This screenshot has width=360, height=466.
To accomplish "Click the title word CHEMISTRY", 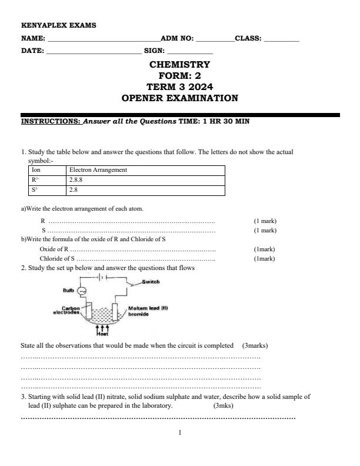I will click(x=179, y=64).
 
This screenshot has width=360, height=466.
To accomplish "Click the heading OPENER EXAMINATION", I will click(x=179, y=98).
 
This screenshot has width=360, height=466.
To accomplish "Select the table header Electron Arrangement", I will click(x=98, y=170).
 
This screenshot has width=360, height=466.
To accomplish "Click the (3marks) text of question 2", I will click(x=255, y=345).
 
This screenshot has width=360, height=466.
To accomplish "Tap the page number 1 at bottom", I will click(x=180, y=432).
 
